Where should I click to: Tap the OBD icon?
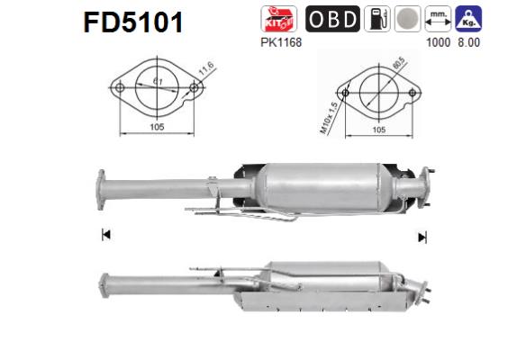click(x=333, y=19)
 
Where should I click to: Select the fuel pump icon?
click(x=376, y=19)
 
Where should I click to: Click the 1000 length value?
click(x=438, y=40)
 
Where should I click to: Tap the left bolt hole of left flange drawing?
click(x=118, y=88)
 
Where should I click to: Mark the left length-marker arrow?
click(x=105, y=236)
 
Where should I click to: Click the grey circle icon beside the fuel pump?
click(x=406, y=19)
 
